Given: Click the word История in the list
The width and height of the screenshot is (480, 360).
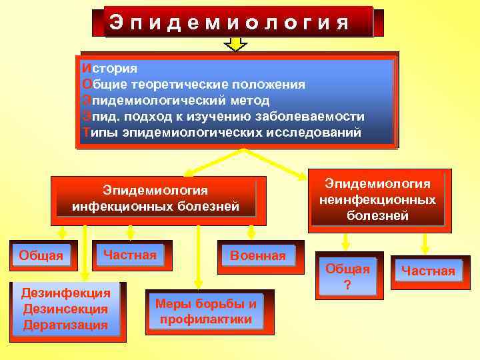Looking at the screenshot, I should point(109,68).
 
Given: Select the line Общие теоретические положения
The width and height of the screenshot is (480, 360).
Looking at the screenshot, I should point(193,85).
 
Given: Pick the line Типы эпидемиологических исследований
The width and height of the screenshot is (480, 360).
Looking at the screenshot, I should point(221,133).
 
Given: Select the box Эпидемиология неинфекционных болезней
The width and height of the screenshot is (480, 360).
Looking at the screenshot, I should point(377,200).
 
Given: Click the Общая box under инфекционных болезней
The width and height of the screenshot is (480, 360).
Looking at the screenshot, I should point(41,255).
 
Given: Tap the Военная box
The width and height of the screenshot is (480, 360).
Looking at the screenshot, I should point(257,255).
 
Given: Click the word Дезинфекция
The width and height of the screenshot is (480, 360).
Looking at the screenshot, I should point(65,293).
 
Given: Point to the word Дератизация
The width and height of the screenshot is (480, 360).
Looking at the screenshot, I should point(65,325).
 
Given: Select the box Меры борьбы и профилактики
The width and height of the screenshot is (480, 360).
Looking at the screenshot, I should point(205,311).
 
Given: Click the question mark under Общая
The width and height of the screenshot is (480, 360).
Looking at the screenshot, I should point(347,285).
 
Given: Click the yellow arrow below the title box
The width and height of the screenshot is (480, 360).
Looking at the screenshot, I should point(235,44).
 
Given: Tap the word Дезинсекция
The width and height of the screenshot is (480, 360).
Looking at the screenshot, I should point(65,309).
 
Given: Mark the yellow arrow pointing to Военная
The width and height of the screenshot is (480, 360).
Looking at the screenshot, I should point(251,231).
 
